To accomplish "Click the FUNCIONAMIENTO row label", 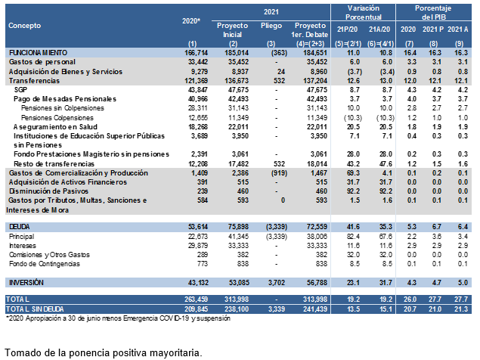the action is (x=38, y=53).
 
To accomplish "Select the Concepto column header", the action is (x=24, y=26).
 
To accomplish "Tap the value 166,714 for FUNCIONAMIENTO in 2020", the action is (x=197, y=53).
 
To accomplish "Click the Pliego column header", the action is (x=271, y=26).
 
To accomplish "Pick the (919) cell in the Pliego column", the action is (x=279, y=173).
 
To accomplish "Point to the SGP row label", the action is (x=20, y=90).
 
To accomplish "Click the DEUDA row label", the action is (x=20, y=227).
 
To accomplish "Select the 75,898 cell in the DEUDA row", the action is (x=237, y=227).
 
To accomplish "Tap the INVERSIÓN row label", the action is (x=26, y=283).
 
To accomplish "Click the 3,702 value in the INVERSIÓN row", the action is (x=277, y=283).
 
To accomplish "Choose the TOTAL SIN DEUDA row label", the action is (x=35, y=309).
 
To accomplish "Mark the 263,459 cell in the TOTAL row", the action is (x=197, y=299).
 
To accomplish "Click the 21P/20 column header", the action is (x=347, y=29).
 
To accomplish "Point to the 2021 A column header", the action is (x=457, y=29).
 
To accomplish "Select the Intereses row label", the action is (x=23, y=246).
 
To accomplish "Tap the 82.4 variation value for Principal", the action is (x=353, y=237).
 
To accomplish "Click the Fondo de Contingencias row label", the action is (x=45, y=264).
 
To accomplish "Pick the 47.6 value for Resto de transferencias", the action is (x=386, y=164).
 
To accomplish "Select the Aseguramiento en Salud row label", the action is (x=55, y=127).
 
